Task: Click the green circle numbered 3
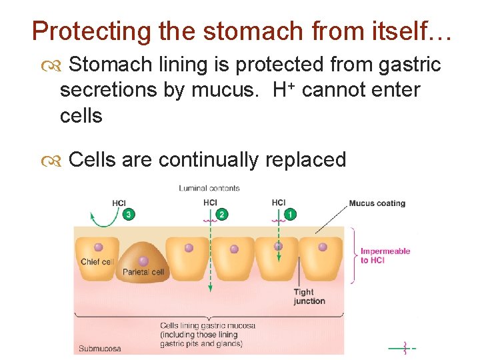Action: pyautogui.click(x=128, y=214)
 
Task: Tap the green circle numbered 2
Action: pyautogui.click(x=222, y=214)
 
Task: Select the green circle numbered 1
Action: pyautogui.click(x=290, y=214)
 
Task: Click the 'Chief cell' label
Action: pyautogui.click(x=97, y=261)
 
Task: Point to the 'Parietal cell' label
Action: pyautogui.click(x=143, y=272)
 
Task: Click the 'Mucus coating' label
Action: pyautogui.click(x=377, y=203)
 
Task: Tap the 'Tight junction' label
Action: pyautogui.click(x=309, y=296)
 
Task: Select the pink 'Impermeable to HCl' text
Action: pyautogui.click(x=385, y=255)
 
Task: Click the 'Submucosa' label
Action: pyautogui.click(x=100, y=348)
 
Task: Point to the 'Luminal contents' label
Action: pyautogui.click(x=209, y=188)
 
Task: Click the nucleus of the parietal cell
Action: pyautogui.click(x=143, y=260)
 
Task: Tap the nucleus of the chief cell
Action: pyautogui.click(x=98, y=247)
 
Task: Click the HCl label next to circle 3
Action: pyautogui.click(x=119, y=203)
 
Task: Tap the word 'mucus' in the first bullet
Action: pyautogui.click(x=225, y=89)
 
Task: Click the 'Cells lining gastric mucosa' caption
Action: pyautogui.click(x=207, y=326)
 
